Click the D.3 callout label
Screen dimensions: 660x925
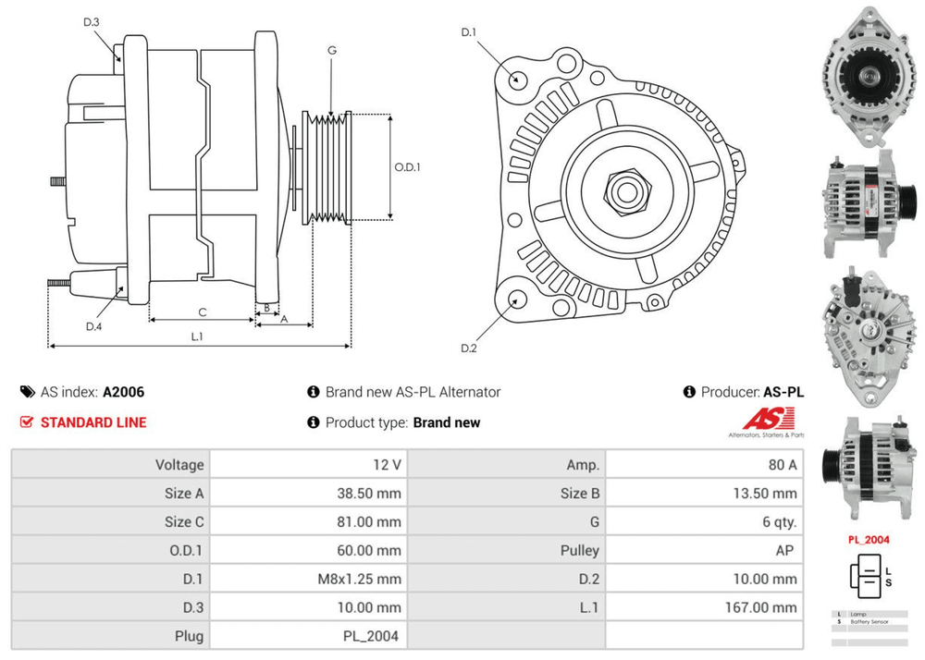coord(91,21)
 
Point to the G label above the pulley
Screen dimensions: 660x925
coord(331,51)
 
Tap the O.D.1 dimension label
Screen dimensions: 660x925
coord(407,167)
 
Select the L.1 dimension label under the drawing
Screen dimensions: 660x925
coord(197,336)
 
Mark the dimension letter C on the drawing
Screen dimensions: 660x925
coord(202,312)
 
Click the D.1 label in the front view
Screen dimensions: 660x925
coord(469,33)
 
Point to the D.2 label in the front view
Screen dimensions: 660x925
coord(468,348)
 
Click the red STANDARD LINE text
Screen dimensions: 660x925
coord(93,422)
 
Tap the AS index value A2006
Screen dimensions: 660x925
coord(123,392)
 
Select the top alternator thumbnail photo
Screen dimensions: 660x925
coord(869,79)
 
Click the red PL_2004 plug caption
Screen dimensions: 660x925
coord(869,539)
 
